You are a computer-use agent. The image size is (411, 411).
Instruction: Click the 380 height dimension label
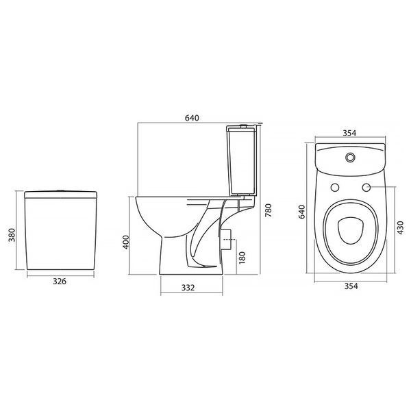click(12, 235)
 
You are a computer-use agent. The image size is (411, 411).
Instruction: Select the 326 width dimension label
click(60, 282)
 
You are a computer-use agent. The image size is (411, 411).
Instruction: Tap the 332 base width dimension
click(188, 288)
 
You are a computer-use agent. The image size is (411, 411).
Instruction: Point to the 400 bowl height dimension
click(126, 242)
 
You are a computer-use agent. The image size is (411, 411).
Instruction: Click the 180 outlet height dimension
click(242, 258)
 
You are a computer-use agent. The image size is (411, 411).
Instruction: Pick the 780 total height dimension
click(269, 210)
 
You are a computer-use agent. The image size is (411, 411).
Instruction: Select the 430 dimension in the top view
click(401, 228)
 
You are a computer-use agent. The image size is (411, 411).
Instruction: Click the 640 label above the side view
click(192, 119)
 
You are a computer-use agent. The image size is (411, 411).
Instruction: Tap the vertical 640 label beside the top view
click(302, 212)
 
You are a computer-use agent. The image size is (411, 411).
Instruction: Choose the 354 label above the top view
click(349, 133)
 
